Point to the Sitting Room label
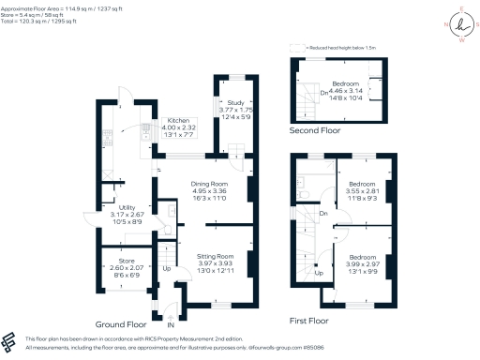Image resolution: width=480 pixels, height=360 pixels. coord(214,255)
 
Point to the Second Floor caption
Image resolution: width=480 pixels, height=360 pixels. coord(315,130)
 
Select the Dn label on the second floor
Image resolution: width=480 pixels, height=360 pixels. coord(323,93)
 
